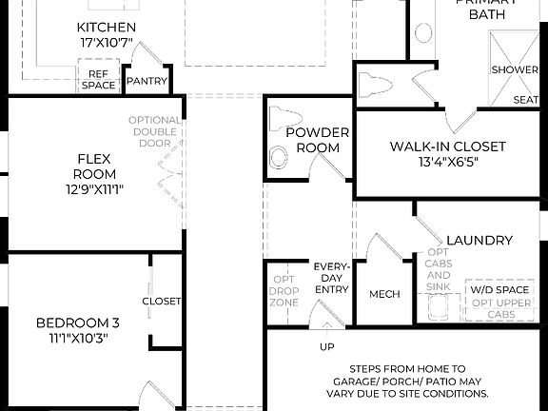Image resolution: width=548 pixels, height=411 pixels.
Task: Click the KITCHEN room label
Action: pos(106,28)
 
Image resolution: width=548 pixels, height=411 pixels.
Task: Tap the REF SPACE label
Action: pos(99,79)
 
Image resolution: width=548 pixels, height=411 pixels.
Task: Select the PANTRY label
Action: pos(147,82)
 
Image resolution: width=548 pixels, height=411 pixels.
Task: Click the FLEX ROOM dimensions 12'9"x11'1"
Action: pos(95,189)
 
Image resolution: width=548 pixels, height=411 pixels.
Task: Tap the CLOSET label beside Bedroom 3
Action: pos(162,302)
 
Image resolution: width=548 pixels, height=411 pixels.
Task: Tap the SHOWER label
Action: pos(514,69)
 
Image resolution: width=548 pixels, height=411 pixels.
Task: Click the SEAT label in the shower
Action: pos(525,100)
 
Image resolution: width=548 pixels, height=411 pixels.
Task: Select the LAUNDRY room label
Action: pos(479,241)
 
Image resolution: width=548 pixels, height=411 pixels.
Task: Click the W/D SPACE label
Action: pos(499,289)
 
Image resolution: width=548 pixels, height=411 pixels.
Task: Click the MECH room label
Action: pos(384,294)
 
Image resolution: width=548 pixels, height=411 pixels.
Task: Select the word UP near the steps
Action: pos(326,346)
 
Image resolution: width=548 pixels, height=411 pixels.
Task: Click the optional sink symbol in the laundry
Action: pos(439,307)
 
